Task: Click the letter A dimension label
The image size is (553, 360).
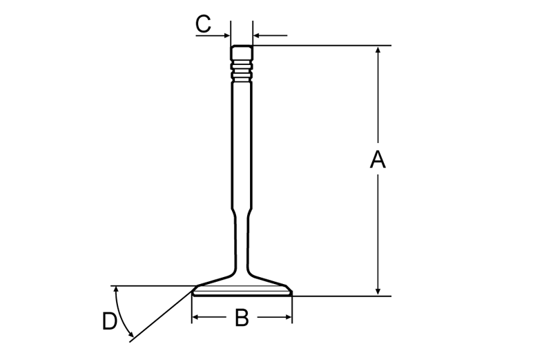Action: [378, 160]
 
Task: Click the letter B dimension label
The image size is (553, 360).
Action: [242, 318]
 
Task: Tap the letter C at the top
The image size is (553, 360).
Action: [203, 24]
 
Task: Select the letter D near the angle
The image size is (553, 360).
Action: [109, 321]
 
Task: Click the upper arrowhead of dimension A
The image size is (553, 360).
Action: [378, 50]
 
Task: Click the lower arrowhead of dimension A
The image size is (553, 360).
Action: [378, 292]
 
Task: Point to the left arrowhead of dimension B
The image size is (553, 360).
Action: [195, 317]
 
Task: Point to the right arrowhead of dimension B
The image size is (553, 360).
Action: [289, 317]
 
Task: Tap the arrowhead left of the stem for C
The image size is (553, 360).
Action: [226, 35]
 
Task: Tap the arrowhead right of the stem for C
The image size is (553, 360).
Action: [256, 35]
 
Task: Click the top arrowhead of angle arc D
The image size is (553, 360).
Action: [115, 290]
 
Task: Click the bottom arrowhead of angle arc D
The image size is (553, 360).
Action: [131, 334]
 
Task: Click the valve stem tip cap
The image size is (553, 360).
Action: [242, 53]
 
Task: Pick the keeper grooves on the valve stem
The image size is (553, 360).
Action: [242, 71]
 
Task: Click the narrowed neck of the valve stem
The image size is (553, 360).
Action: [242, 240]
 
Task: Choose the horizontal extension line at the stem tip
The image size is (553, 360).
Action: [322, 46]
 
